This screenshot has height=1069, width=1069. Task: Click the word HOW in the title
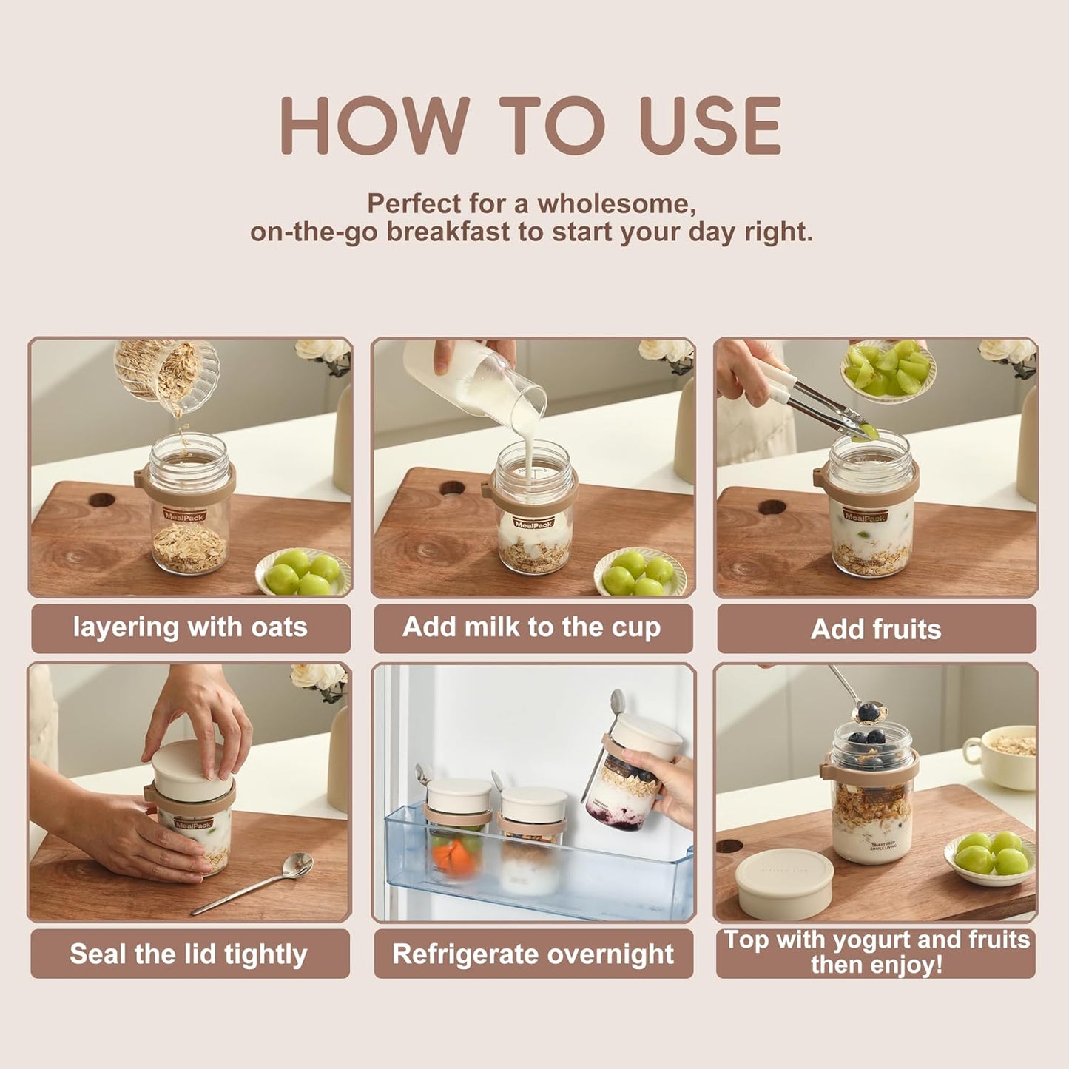coord(374,126)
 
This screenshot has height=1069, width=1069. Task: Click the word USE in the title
coord(710,126)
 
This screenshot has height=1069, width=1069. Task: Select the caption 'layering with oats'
coord(190,628)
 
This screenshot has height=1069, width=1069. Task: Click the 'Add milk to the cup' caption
coord(532,628)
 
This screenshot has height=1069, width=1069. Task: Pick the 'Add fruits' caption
coord(876,630)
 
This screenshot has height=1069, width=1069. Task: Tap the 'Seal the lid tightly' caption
coord(189,954)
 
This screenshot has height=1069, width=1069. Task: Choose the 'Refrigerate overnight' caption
coord(533,954)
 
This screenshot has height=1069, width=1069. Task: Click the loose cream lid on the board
coord(784,884)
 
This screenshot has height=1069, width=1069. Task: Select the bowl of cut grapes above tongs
coord(888,370)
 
